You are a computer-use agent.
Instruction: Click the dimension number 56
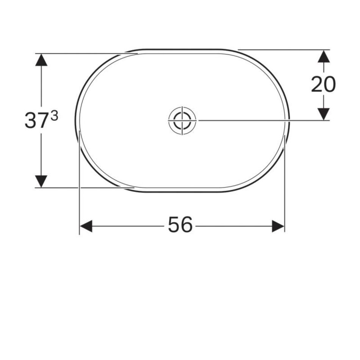[x=180, y=225]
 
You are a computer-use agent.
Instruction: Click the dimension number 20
[x=323, y=84]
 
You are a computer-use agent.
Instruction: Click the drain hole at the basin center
[x=182, y=120]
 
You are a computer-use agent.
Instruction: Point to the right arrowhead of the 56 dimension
[x=278, y=226]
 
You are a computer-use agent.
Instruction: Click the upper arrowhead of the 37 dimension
[x=41, y=60]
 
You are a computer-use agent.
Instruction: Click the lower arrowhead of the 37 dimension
[x=41, y=181]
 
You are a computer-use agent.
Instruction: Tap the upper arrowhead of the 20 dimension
[x=324, y=56]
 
